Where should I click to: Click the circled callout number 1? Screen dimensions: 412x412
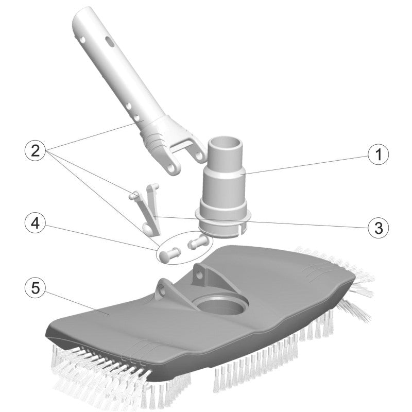click(378, 154)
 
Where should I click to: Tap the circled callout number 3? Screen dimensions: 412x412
click(378, 228)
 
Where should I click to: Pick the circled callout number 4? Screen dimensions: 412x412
click(36, 224)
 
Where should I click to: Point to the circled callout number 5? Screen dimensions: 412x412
click(36, 287)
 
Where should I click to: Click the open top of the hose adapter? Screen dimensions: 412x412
click(225, 143)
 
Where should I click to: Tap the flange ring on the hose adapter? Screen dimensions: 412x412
click(223, 213)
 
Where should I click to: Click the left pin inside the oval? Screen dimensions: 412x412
click(169, 254)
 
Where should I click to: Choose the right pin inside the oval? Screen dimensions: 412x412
click(197, 242)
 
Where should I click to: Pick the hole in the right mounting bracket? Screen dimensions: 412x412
click(199, 275)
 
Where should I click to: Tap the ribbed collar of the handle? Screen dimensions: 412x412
click(156, 139)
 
